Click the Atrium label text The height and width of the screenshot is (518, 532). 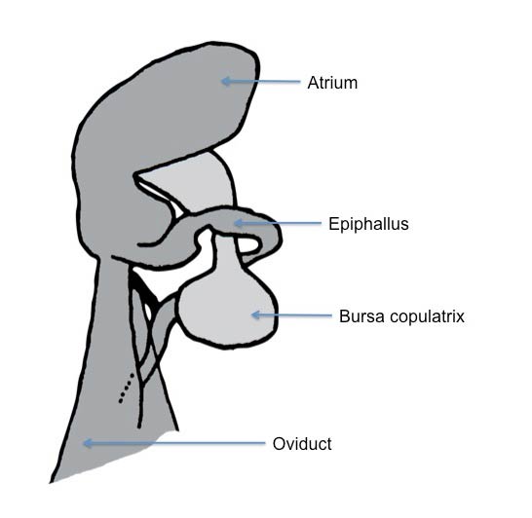(x=332, y=83)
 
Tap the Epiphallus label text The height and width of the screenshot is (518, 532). (x=368, y=224)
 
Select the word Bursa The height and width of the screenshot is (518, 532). (x=361, y=316)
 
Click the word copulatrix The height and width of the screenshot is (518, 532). (x=427, y=317)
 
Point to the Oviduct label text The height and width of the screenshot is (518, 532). (x=302, y=444)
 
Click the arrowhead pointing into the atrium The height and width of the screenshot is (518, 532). (x=225, y=81)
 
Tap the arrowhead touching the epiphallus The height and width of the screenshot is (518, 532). (x=239, y=223)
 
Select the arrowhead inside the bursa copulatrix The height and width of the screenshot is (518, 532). (x=256, y=314)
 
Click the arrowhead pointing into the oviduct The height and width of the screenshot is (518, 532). (x=88, y=443)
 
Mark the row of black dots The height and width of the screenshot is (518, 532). (x=126, y=388)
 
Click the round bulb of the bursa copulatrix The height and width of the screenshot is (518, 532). (x=227, y=312)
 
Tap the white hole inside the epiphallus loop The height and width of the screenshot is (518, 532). (x=249, y=245)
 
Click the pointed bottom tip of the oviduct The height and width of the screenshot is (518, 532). (x=52, y=481)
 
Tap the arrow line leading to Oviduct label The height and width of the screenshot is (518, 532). (x=174, y=443)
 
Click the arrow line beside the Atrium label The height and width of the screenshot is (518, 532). (x=260, y=82)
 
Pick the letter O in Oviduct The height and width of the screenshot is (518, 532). (x=279, y=444)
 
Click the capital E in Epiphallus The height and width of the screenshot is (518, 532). (x=333, y=224)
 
